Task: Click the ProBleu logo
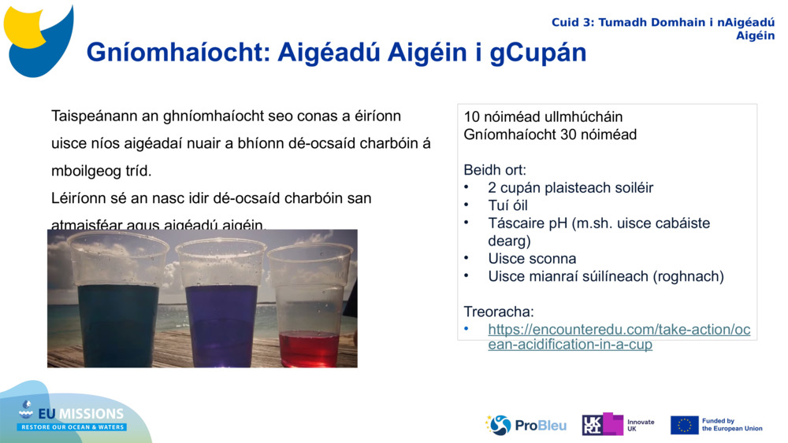pyautogui.click(x=526, y=425)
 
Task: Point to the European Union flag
pyautogui.click(x=684, y=425)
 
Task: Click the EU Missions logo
pyautogui.click(x=72, y=416)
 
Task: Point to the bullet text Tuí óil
pyautogui.click(x=508, y=205)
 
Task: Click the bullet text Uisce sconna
pyautogui.click(x=532, y=259)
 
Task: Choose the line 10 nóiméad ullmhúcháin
pyautogui.click(x=543, y=117)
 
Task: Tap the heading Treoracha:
pyautogui.click(x=498, y=312)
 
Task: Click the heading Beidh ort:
pyautogui.click(x=495, y=170)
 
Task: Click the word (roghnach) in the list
pyautogui.click(x=684, y=276)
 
